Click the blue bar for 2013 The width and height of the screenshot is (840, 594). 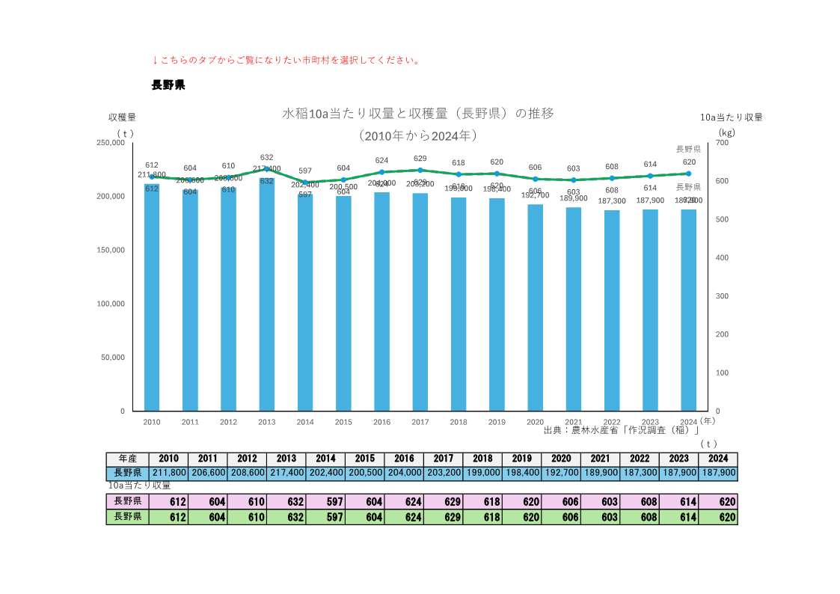click(266, 299)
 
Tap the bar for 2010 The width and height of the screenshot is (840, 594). click(152, 299)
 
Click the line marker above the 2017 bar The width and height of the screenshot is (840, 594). click(420, 170)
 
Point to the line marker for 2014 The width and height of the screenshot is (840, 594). click(305, 182)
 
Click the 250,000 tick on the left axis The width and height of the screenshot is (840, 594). click(111, 142)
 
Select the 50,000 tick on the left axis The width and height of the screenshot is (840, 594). click(113, 358)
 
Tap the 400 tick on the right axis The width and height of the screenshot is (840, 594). click(721, 257)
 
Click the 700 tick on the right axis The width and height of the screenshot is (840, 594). click(721, 142)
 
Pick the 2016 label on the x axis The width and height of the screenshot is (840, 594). click(381, 422)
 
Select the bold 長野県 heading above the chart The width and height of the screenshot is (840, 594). click(168, 85)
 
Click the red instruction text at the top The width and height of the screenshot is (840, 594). click(286, 60)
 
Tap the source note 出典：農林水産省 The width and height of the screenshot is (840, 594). click(621, 430)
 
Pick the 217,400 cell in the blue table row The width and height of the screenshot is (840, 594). click(286, 473)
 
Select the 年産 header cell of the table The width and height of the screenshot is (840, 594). click(127, 459)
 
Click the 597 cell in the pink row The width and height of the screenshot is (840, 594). click(325, 501)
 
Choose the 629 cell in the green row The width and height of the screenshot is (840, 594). click(443, 516)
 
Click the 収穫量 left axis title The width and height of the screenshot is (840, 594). click(122, 117)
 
